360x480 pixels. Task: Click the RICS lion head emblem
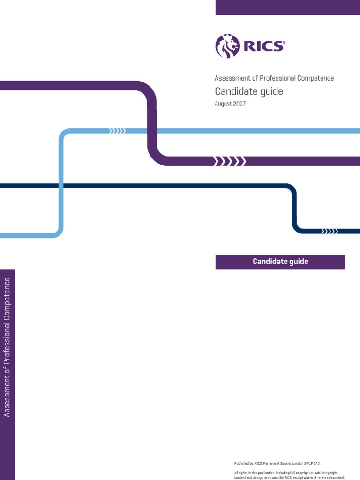tap(227, 46)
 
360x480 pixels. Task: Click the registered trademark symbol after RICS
tap(284, 42)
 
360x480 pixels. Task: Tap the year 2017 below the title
tap(239, 104)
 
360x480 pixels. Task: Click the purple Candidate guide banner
tap(280, 262)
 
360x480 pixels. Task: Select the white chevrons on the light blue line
tap(117, 131)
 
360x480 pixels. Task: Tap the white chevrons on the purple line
tap(229, 161)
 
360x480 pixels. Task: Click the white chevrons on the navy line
tap(330, 231)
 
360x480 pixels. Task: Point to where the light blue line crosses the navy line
tap(61, 186)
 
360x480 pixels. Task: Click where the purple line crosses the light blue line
tap(152, 131)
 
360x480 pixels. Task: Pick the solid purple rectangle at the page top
tap(287, 7)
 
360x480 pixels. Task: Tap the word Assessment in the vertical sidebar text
tap(7, 398)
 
